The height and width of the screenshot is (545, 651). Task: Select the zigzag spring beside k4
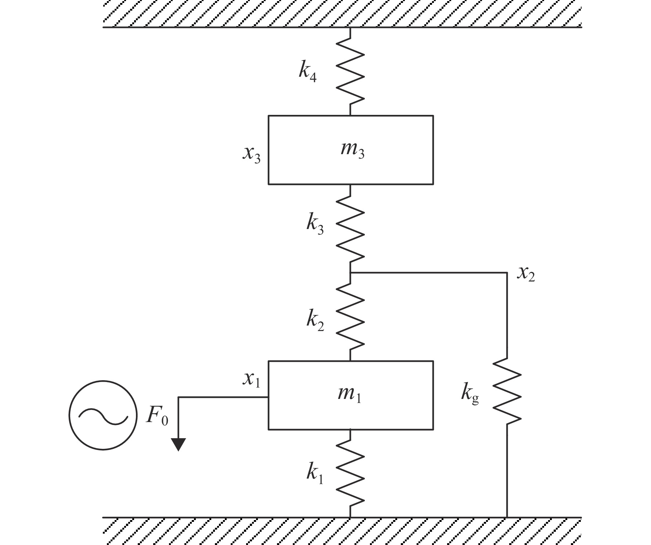pyautogui.click(x=350, y=72)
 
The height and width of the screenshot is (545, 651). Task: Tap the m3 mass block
pyautogui.click(x=351, y=150)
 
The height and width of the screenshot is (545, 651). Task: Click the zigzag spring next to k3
pyautogui.click(x=350, y=228)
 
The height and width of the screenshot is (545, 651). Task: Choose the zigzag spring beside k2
pyautogui.click(x=350, y=317)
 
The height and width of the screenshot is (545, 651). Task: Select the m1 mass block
pyautogui.click(x=351, y=395)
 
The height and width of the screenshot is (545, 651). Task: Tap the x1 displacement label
pyautogui.click(x=251, y=379)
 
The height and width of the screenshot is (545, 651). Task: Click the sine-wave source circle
pyautogui.click(x=103, y=415)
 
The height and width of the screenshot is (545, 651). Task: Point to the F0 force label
pyautogui.click(x=157, y=417)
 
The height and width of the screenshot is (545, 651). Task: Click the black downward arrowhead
pyautogui.click(x=179, y=444)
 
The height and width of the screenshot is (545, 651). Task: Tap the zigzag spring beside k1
pyautogui.click(x=350, y=473)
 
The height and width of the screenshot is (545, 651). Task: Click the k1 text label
pyautogui.click(x=315, y=475)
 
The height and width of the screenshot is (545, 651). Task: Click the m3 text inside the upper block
pyautogui.click(x=352, y=150)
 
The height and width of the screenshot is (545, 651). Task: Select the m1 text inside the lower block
pyautogui.click(x=349, y=395)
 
